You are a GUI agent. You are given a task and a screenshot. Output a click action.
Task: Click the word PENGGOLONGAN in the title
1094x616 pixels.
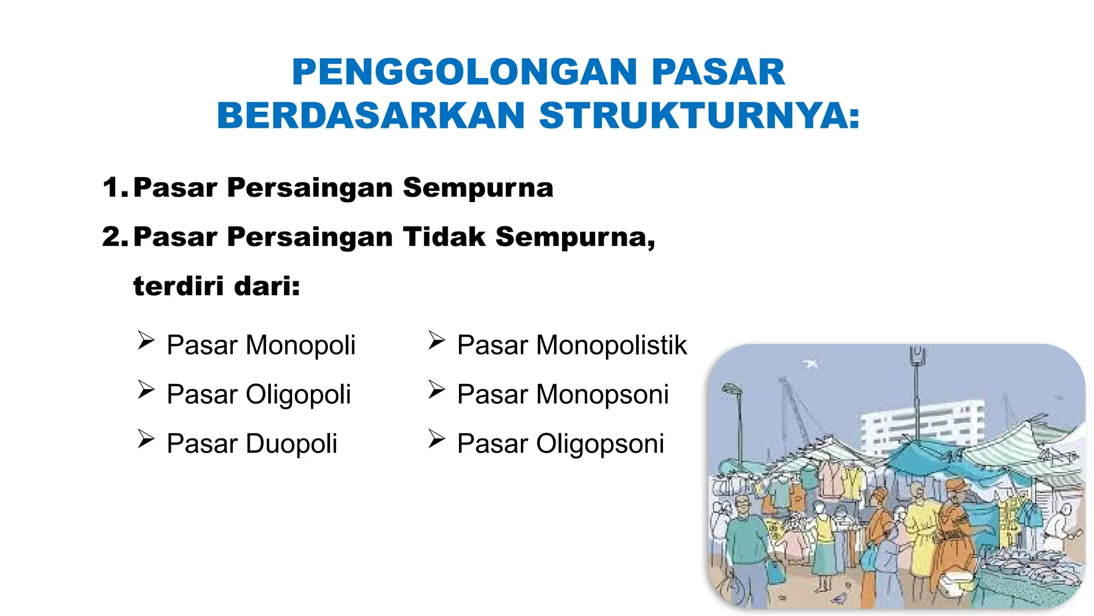464,72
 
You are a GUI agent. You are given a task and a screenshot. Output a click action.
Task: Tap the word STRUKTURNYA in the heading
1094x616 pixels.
700,116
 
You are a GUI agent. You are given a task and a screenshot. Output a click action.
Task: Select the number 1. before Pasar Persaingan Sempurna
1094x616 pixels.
115,188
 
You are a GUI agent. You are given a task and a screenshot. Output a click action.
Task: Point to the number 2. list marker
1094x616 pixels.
115,237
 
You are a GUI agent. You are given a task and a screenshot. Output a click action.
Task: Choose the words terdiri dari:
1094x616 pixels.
216,286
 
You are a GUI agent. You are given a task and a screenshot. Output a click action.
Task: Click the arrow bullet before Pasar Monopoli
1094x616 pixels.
146,341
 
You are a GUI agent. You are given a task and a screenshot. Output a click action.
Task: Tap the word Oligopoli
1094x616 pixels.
298,395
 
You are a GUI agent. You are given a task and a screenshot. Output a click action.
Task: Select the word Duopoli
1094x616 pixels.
291,444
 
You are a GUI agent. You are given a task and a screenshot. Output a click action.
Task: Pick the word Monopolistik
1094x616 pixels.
611,345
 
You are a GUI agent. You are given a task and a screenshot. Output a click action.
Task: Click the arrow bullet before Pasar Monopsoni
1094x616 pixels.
436,390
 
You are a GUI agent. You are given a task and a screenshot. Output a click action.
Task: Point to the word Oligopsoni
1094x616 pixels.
600,444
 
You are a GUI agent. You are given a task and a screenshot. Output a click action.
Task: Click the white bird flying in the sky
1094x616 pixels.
810,364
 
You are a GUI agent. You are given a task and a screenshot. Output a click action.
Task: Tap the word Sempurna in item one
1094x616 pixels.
478,188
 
